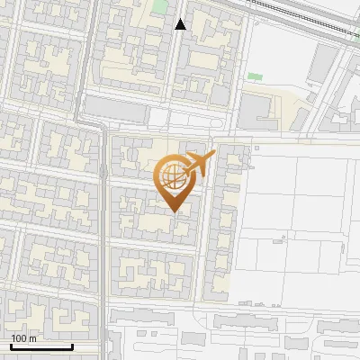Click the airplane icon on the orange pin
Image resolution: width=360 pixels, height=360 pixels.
[x=200, y=164]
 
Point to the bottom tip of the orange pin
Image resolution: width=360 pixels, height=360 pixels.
[x=175, y=212]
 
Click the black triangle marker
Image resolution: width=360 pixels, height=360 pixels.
[x=180, y=24]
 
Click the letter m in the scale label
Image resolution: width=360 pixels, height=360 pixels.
[x=33, y=338]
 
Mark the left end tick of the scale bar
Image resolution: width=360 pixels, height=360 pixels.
[x=11, y=346]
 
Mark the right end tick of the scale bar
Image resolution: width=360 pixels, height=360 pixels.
[x=72, y=346]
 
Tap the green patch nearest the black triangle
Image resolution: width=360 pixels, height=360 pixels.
[x=159, y=6]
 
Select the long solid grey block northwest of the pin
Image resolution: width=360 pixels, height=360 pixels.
[x=115, y=110]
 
